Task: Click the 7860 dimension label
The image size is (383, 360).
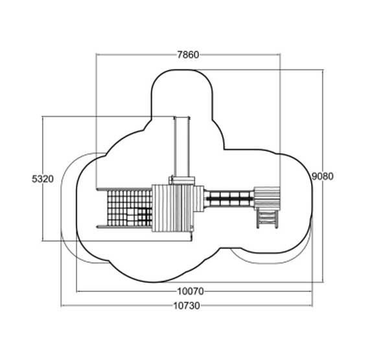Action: (x=188, y=54)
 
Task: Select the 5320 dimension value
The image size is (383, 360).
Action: (x=43, y=179)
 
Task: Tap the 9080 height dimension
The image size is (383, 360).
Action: (x=323, y=176)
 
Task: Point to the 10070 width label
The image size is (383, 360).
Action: (x=191, y=291)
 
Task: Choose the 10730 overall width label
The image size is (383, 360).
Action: (x=187, y=306)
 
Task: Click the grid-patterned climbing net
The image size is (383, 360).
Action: (x=130, y=208)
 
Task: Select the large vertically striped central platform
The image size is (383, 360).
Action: (x=172, y=208)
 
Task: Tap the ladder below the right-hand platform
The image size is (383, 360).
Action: (x=267, y=219)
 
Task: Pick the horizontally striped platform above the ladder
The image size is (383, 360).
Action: (x=267, y=198)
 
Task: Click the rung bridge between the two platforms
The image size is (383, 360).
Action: (x=229, y=198)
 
